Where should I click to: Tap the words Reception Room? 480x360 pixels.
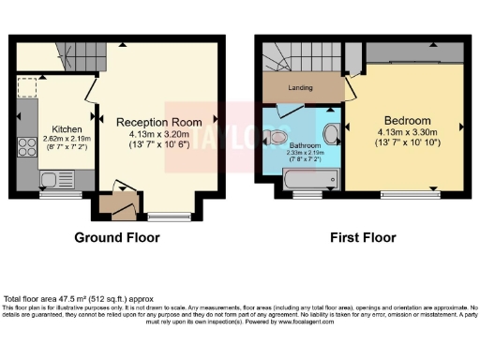point(158,122)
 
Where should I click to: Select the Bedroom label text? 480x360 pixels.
point(406,121)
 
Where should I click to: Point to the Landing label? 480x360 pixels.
point(300,89)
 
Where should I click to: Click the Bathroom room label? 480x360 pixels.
point(305,146)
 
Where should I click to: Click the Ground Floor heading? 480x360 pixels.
point(117,237)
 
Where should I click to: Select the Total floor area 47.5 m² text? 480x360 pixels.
point(70,297)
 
